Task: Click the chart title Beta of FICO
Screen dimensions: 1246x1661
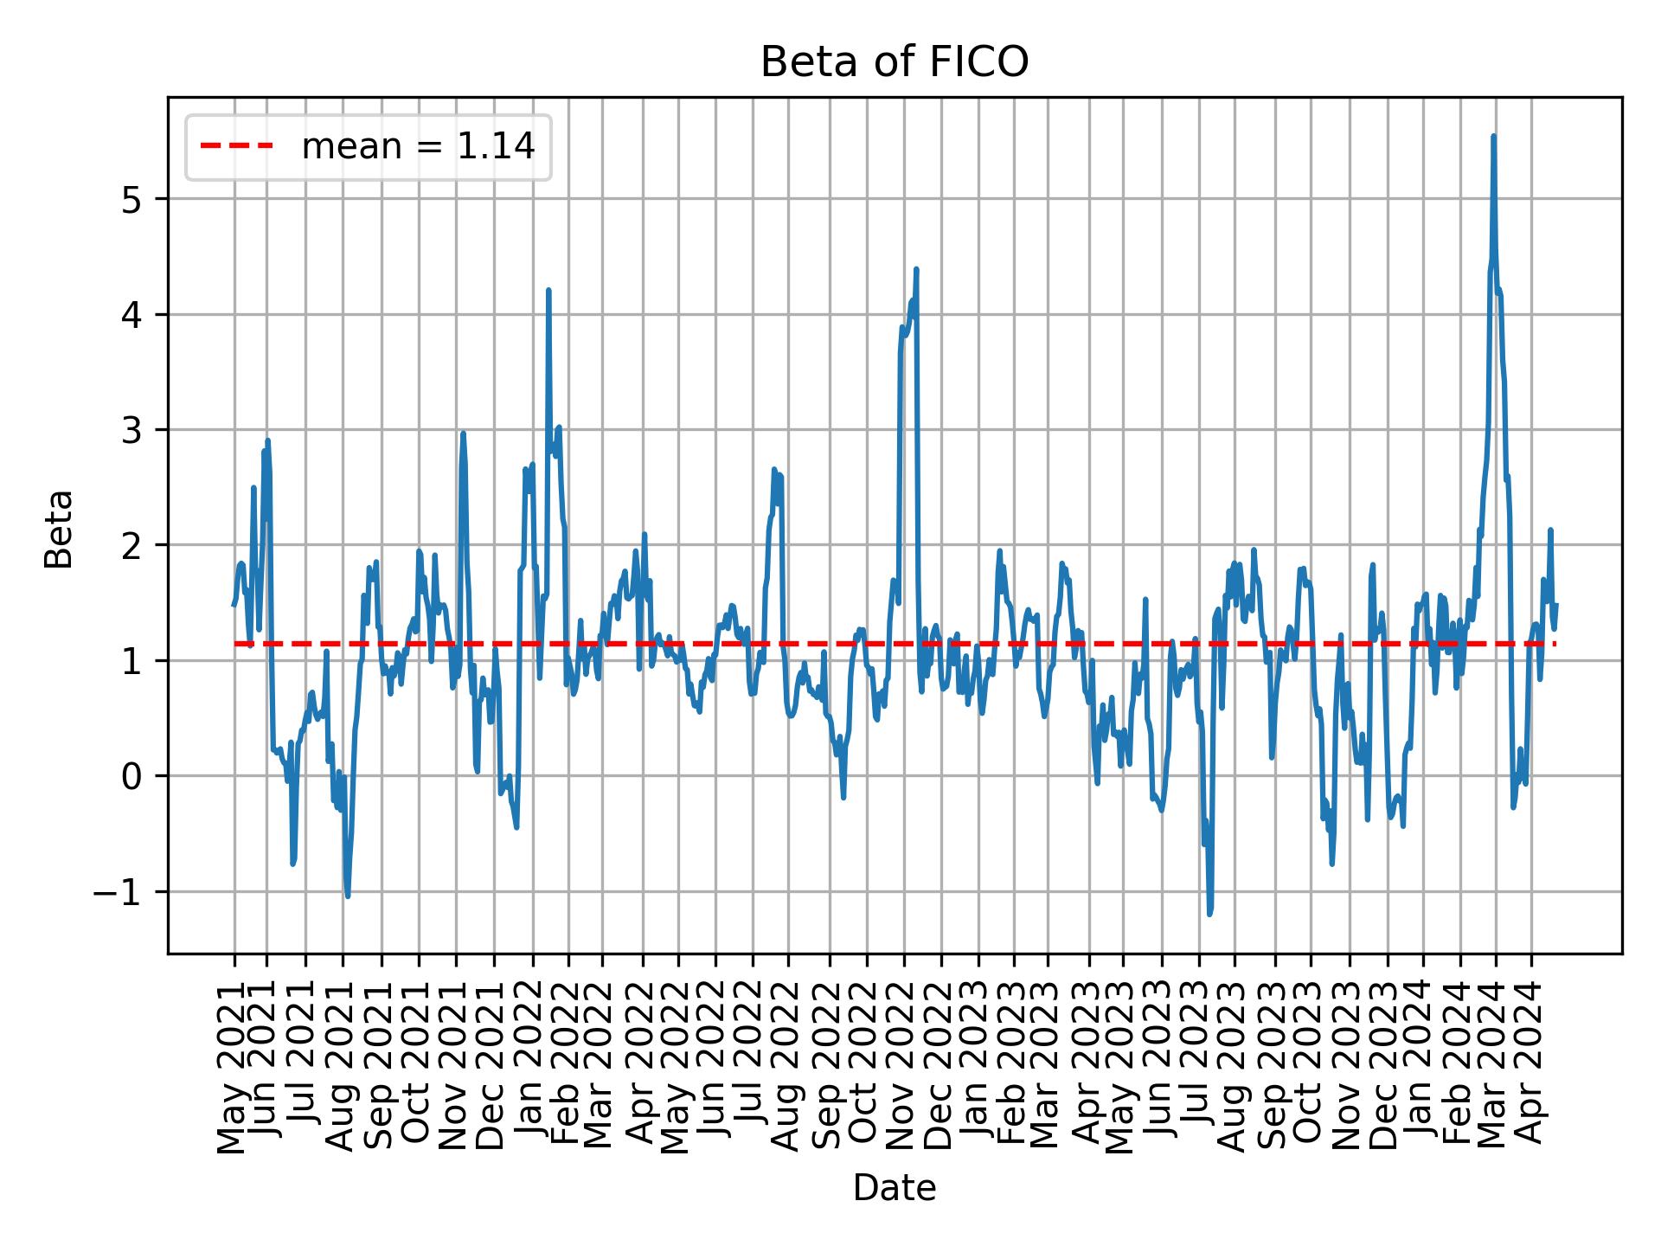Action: click(x=894, y=63)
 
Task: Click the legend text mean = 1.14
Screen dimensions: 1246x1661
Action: click(x=418, y=147)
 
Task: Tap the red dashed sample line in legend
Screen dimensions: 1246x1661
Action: click(x=237, y=146)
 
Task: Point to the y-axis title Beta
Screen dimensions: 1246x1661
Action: click(x=59, y=529)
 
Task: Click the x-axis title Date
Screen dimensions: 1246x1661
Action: click(x=894, y=1188)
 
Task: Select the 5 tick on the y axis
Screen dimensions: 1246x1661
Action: click(x=132, y=200)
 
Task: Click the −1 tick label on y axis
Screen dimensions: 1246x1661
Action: click(x=117, y=892)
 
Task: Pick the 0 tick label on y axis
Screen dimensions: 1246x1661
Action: click(x=132, y=777)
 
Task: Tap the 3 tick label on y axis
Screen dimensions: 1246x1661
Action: click(x=132, y=431)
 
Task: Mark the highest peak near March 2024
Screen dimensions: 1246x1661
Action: click(x=1493, y=137)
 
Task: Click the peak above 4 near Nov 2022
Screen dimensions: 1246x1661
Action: click(x=915, y=269)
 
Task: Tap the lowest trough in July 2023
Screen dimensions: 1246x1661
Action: click(x=1209, y=914)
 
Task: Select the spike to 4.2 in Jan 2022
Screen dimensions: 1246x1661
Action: click(x=548, y=291)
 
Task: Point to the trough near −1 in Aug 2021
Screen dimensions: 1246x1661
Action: click(x=347, y=896)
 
